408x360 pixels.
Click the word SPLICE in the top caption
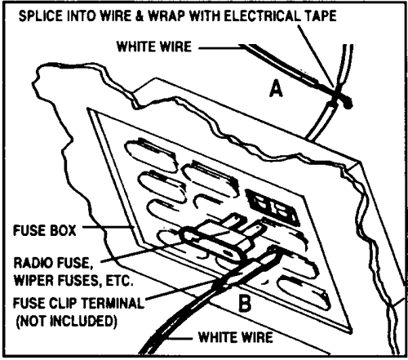pyautogui.click(x=41, y=16)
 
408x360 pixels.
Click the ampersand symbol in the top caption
pyautogui.click(x=139, y=16)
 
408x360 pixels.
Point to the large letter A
pyautogui.click(x=276, y=89)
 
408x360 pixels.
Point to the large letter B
pyautogui.click(x=245, y=304)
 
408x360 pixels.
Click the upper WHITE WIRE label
pyautogui.click(x=154, y=47)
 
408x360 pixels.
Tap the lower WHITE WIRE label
pyautogui.click(x=236, y=337)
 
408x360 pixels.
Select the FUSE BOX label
pyautogui.click(x=45, y=230)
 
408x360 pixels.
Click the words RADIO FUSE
pyautogui.click(x=51, y=263)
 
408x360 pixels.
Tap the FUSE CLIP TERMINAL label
pyautogui.click(x=78, y=303)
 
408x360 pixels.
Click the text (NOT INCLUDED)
pyautogui.click(x=67, y=322)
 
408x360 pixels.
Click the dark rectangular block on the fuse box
pyautogui.click(x=272, y=207)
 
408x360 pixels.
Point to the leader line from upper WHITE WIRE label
pyautogui.click(x=220, y=48)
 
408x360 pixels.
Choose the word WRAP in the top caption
pyautogui.click(x=166, y=16)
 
